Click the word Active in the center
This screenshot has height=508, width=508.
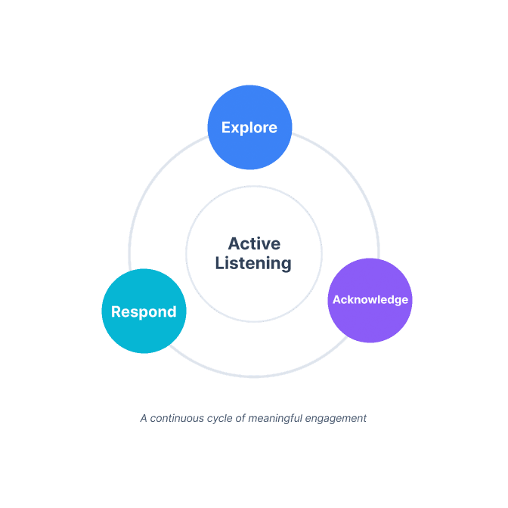coord(254,243)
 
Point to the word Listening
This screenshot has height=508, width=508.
coord(253,263)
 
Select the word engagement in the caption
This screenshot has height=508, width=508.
coord(333,417)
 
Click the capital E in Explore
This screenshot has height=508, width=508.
coord(226,128)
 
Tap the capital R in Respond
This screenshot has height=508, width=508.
coord(116,311)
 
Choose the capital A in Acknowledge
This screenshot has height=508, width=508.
coord(337,299)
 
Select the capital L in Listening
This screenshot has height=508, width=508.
coord(219,263)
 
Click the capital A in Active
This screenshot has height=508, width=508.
coord(234,243)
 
